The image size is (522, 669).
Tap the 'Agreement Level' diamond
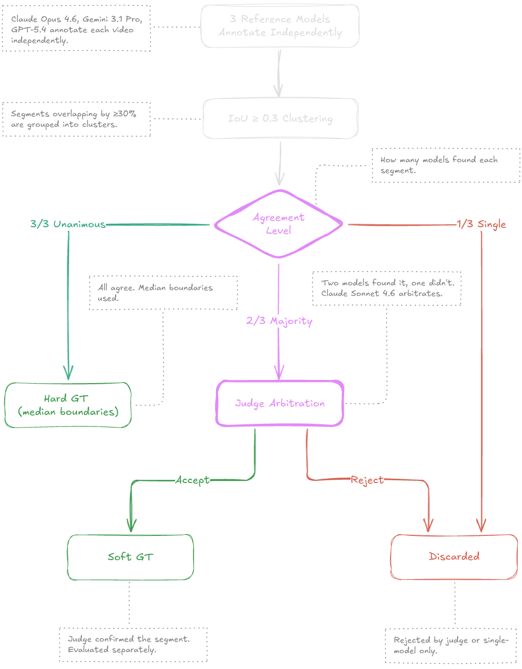(x=278, y=224)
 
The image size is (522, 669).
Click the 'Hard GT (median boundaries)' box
(x=68, y=405)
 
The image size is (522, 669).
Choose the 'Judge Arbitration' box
(x=280, y=403)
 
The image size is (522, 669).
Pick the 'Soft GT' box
(x=130, y=557)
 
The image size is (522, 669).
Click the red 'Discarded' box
(x=454, y=556)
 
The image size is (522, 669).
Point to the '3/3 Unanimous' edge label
(x=68, y=225)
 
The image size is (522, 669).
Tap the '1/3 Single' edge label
(x=481, y=225)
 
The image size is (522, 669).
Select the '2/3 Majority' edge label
(x=279, y=321)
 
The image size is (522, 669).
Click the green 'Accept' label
(x=192, y=480)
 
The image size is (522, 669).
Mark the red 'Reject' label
(x=367, y=480)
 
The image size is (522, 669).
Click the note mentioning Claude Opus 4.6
(x=77, y=29)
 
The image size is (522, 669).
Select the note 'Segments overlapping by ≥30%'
(x=77, y=119)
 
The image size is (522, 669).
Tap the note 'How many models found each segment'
(x=445, y=165)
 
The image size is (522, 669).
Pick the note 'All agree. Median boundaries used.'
(x=163, y=293)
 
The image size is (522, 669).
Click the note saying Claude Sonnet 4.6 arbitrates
(x=387, y=289)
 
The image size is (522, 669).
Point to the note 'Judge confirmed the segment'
(x=133, y=645)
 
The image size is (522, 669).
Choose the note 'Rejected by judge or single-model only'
(x=451, y=645)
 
